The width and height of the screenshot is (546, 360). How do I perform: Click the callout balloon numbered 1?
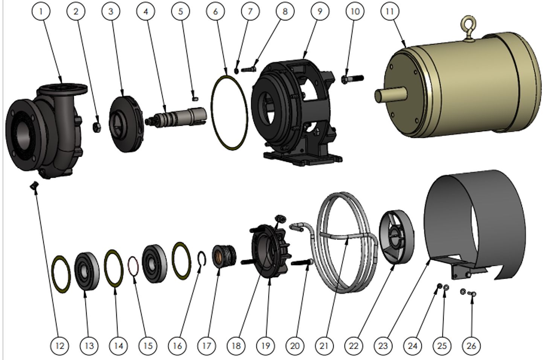pos(41,11)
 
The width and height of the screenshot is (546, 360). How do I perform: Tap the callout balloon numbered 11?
pos(390,11)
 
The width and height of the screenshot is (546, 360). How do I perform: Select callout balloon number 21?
pos(324,346)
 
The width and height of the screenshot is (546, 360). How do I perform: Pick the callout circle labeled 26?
pos(471,346)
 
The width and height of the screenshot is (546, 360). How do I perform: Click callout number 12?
pos(60,346)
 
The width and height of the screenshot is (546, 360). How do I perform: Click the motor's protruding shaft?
pos(390,95)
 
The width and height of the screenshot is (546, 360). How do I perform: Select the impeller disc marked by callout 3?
pos(126,124)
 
